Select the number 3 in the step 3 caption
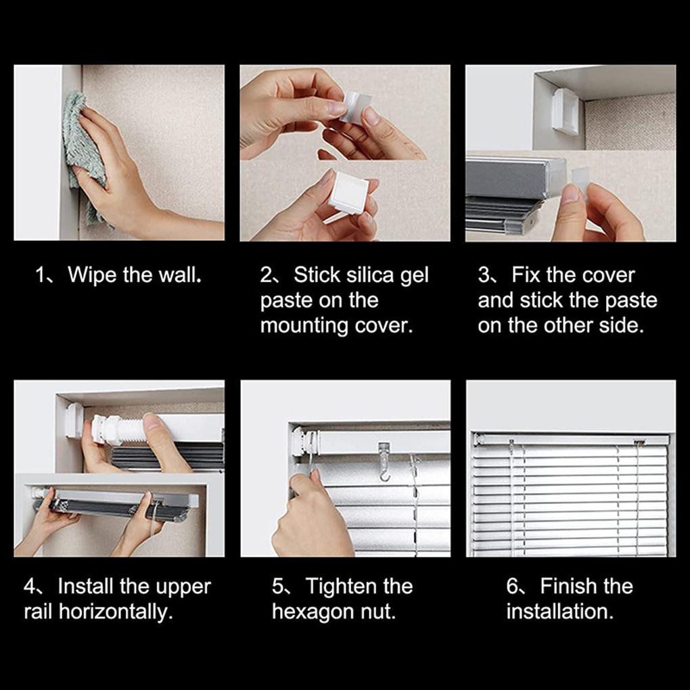(x=484, y=276)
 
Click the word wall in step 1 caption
(x=182, y=276)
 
